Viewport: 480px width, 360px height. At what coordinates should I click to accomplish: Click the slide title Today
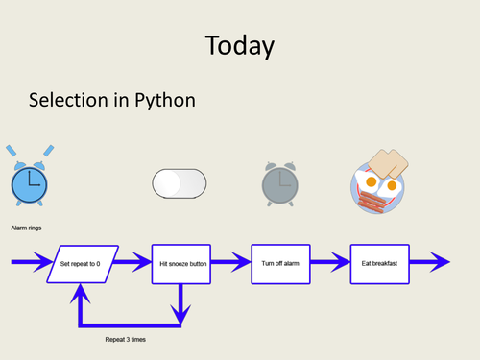tap(239, 45)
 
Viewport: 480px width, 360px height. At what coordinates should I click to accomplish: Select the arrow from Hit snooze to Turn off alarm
tap(230, 262)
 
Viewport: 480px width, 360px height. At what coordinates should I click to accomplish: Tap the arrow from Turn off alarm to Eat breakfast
tap(329, 262)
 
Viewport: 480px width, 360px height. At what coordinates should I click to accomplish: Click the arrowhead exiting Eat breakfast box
tap(437, 262)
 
